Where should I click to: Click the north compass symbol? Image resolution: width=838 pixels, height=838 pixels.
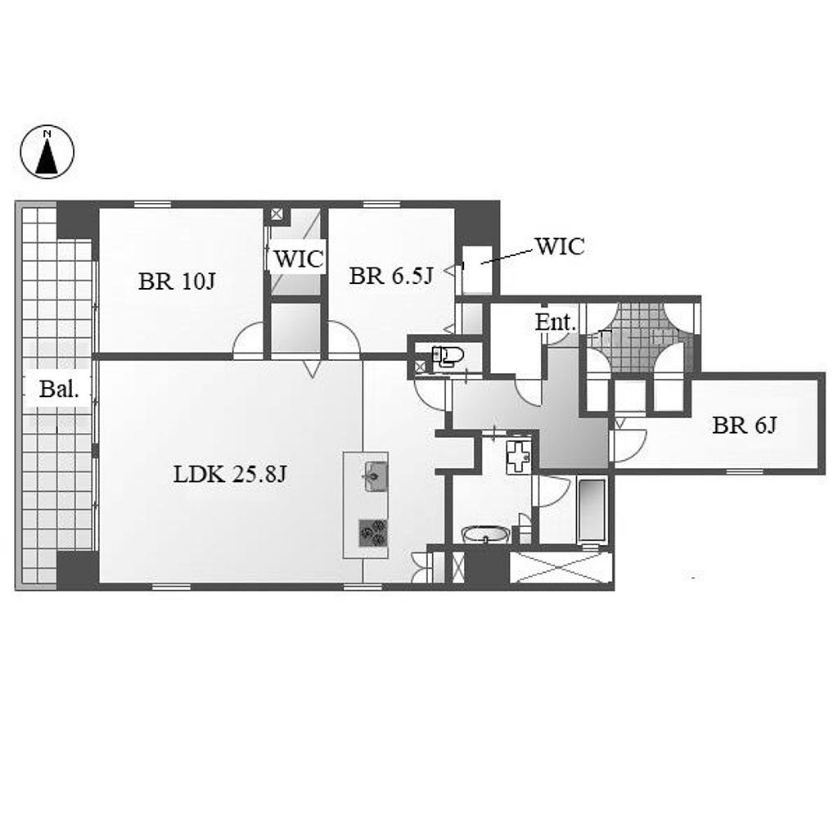pos(47,151)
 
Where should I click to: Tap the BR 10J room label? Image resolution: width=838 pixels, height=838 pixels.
pos(177,282)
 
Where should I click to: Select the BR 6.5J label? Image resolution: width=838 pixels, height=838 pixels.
pos(391,276)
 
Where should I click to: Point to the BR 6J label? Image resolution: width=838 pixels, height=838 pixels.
pos(744,426)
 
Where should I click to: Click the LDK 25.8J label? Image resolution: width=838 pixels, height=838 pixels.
pos(230,474)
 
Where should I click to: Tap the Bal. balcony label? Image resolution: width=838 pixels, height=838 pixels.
pos(59,389)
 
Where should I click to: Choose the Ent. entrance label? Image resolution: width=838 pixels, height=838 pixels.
pos(556,322)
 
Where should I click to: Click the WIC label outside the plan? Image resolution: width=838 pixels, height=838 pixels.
pos(560,246)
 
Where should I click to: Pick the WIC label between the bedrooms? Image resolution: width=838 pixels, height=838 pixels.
pos(299,259)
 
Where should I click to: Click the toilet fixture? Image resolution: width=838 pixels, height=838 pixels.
pos(448,356)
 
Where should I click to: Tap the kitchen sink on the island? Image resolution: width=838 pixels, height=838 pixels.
pos(376,475)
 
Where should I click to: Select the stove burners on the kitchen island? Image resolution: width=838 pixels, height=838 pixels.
pos(373,533)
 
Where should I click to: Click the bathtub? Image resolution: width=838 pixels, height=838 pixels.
pos(592,510)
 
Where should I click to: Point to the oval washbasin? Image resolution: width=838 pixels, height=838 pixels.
pos(485,534)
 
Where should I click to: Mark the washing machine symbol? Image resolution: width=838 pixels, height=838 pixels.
pos(518,457)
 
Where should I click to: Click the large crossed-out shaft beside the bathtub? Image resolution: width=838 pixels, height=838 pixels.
pos(561,568)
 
